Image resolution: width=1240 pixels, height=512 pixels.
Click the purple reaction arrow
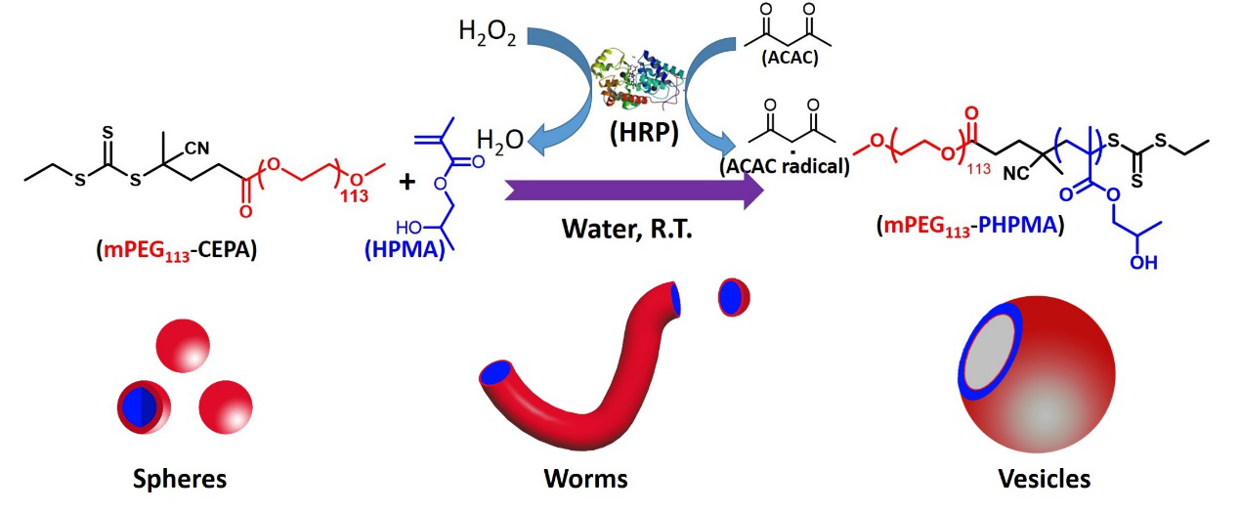point(635,191)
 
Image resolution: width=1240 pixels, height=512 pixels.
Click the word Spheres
point(181,480)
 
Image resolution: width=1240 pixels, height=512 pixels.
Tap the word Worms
point(585,480)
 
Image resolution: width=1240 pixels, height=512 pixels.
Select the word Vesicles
point(1045,480)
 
